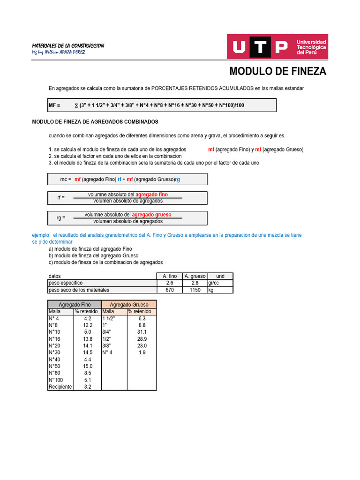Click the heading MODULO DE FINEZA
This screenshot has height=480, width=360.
point(277,72)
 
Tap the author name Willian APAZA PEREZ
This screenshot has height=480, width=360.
point(59,52)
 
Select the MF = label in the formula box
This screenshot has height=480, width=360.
point(54,105)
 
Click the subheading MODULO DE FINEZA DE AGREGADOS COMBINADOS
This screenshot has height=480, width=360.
point(95,122)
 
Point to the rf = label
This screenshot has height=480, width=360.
point(61,198)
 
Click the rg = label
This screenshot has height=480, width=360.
point(61,218)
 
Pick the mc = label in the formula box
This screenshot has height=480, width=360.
point(66,180)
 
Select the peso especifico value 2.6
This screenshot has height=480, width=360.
point(169,283)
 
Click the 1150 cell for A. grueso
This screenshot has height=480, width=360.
point(195,290)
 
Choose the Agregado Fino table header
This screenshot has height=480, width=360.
point(75,305)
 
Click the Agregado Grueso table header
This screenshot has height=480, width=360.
point(129,305)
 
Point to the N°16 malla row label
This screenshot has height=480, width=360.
point(54,338)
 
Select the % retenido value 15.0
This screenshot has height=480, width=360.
point(88,366)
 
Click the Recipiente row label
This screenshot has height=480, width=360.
point(60,387)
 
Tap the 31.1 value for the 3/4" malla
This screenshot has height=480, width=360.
point(142,332)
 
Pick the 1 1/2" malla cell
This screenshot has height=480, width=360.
point(108,318)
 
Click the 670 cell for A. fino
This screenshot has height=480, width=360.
point(169,290)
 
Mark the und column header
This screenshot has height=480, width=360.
point(220,276)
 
